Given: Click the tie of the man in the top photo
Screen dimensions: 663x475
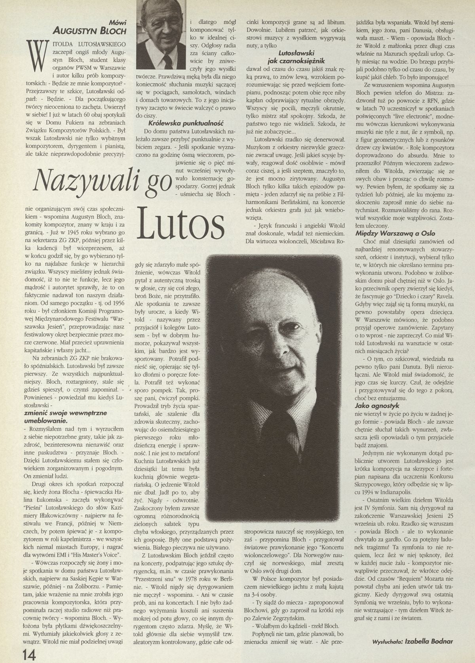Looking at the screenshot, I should pyautogui.click(x=167, y=61).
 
